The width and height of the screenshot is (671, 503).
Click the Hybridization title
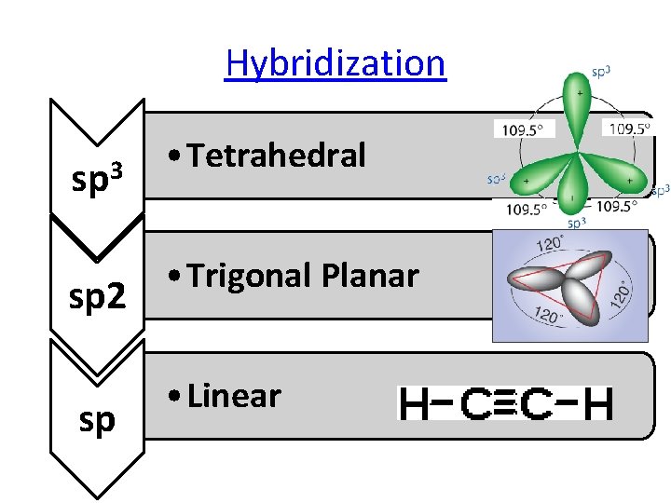coord(335,63)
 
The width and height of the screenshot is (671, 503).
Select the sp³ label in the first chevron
coord(97,175)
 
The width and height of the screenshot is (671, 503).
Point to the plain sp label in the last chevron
coord(97,419)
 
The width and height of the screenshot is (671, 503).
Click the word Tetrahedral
coord(276,156)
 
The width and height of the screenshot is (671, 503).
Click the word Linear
coord(233,396)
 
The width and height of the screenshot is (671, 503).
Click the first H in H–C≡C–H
coord(414,404)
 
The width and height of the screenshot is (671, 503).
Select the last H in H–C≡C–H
coord(599,404)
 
